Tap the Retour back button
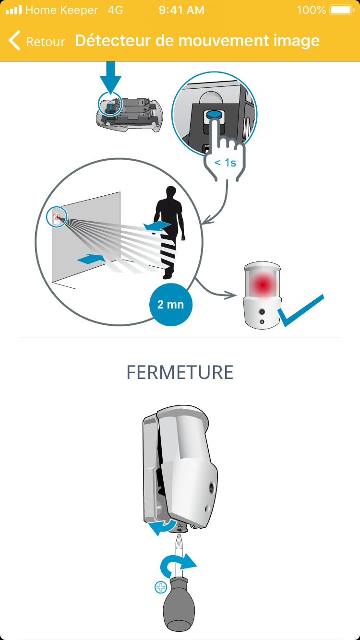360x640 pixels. pos(37,41)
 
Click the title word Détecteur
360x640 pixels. pos(113,40)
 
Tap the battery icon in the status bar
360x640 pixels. pos(342,10)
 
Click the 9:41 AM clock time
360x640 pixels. pos(181,10)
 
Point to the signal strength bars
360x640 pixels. pos(14,10)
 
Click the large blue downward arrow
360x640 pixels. pos(111,77)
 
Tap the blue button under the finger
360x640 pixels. pos(214,114)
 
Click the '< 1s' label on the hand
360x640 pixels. pos(225,163)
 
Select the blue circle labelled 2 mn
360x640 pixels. pos(171,305)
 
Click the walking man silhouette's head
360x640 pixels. pos(171,192)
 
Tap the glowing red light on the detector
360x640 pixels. pos(262,284)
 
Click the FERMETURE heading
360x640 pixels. pos(180,372)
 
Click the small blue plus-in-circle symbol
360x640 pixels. pos(161,587)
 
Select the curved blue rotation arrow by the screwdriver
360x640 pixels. pos(177,564)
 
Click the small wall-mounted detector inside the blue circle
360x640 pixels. pos(57,218)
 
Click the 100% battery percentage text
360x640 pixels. pos(311,10)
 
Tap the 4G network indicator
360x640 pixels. pos(116,10)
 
